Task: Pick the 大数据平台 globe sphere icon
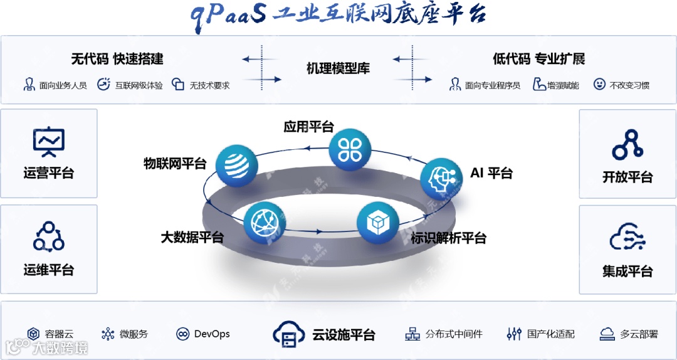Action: [263, 223]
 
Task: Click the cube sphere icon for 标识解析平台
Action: [378, 223]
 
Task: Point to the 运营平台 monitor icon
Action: [49, 142]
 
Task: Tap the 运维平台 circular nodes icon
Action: [49, 236]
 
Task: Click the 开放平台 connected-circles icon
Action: [627, 144]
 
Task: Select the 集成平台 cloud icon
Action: [627, 239]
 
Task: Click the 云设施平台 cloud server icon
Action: [288, 334]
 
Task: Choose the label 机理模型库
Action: [338, 68]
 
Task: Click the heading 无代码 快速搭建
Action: [117, 59]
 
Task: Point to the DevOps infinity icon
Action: [183, 334]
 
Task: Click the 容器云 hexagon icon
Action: [34, 334]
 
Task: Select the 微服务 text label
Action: [134, 334]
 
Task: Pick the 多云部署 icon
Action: [606, 334]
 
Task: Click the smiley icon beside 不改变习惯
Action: [599, 84]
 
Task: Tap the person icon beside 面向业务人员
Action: [29, 84]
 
